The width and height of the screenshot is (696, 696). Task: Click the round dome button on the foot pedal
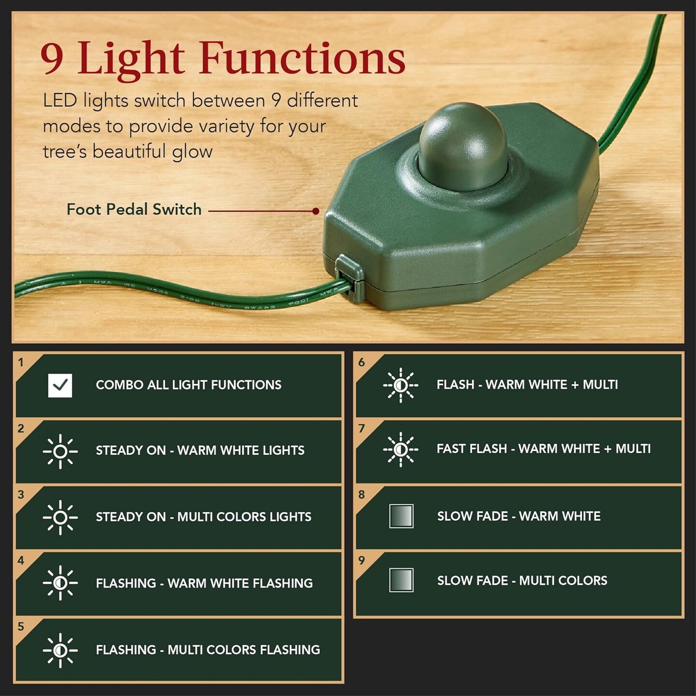(x=463, y=145)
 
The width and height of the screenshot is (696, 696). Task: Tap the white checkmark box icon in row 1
(x=60, y=385)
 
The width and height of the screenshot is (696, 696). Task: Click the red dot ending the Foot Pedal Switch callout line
(x=316, y=211)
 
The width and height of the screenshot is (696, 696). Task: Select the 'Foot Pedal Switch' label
(x=134, y=209)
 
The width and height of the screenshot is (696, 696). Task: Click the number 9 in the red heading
(x=52, y=58)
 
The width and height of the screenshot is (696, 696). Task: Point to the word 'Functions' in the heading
(x=302, y=58)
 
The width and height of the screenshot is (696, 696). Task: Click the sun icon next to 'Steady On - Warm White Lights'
(x=60, y=451)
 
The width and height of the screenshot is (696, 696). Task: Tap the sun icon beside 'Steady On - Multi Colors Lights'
(x=60, y=517)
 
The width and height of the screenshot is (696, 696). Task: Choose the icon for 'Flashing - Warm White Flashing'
(x=60, y=583)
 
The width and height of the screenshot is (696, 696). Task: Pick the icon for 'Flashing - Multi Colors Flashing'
(x=60, y=650)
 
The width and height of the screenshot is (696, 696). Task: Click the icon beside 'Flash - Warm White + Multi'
(x=401, y=385)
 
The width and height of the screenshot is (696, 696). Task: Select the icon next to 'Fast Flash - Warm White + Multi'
(x=401, y=449)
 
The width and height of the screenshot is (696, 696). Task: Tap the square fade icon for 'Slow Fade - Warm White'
(x=401, y=516)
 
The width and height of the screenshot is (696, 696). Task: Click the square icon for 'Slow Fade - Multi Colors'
(x=401, y=580)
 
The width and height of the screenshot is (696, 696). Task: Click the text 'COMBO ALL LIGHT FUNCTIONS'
(x=188, y=385)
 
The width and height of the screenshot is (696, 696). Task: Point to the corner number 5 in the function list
(x=21, y=627)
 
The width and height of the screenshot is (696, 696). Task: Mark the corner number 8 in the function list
(x=362, y=494)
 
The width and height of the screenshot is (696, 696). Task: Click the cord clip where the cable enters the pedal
(x=349, y=278)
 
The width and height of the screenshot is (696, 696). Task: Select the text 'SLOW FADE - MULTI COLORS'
(x=522, y=580)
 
